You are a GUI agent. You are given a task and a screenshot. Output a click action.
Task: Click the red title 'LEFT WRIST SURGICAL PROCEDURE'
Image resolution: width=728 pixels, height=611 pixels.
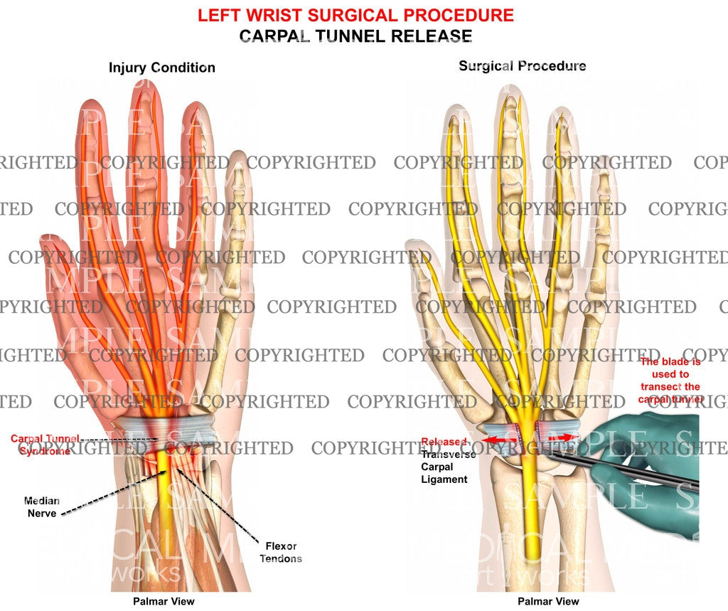[x=355, y=14]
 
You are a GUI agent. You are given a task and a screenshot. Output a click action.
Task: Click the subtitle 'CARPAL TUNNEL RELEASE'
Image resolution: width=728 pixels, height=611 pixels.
[x=355, y=35]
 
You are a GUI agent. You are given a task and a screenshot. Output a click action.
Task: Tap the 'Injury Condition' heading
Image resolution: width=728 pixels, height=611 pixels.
[x=161, y=68]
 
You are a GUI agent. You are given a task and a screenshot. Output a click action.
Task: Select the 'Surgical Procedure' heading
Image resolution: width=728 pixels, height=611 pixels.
[x=522, y=66]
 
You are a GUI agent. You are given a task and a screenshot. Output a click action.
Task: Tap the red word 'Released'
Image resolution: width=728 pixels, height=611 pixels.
[x=444, y=442]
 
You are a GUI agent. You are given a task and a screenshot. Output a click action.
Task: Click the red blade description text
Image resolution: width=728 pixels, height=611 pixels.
[x=670, y=381]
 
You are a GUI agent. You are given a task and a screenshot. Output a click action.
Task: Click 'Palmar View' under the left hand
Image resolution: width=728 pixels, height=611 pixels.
[x=163, y=602]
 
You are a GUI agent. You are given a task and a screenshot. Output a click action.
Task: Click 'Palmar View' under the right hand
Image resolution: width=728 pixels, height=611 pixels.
[x=547, y=602]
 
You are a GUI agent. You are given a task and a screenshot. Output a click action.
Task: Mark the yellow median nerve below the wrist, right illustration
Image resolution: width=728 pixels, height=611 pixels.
[x=531, y=512]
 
